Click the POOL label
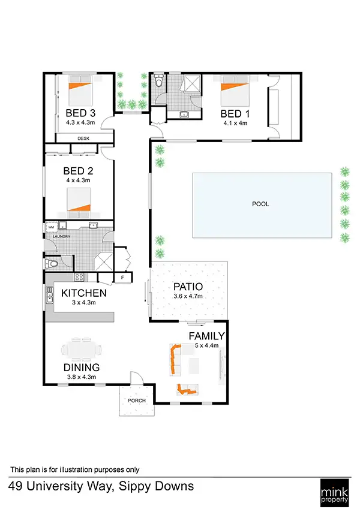(x=260, y=204)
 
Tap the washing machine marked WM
(x=51, y=228)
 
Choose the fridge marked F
(x=122, y=278)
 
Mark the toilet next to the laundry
(x=53, y=263)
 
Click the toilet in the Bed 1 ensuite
(x=158, y=82)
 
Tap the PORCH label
(x=137, y=400)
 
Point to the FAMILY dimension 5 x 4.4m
(x=206, y=345)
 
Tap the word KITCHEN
(x=84, y=293)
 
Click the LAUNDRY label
(x=62, y=236)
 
